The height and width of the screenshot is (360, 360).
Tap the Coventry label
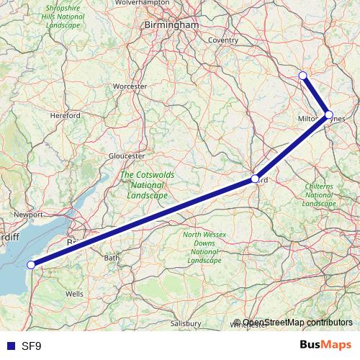click(223, 40)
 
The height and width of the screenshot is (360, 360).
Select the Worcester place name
click(130, 86)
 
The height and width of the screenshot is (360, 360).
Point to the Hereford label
click(66, 115)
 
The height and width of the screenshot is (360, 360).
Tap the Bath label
click(112, 257)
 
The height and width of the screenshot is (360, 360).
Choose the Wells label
click(75, 294)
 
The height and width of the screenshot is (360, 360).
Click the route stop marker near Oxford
click(255, 178)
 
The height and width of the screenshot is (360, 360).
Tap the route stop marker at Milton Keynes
click(328, 114)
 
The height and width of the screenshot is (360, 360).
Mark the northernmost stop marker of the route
click(302, 75)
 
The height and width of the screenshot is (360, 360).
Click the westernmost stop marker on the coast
click(30, 265)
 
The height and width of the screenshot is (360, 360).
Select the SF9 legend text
click(31, 346)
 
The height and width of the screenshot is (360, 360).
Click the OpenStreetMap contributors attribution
click(292, 323)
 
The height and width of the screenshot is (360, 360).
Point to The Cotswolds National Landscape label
click(147, 185)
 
